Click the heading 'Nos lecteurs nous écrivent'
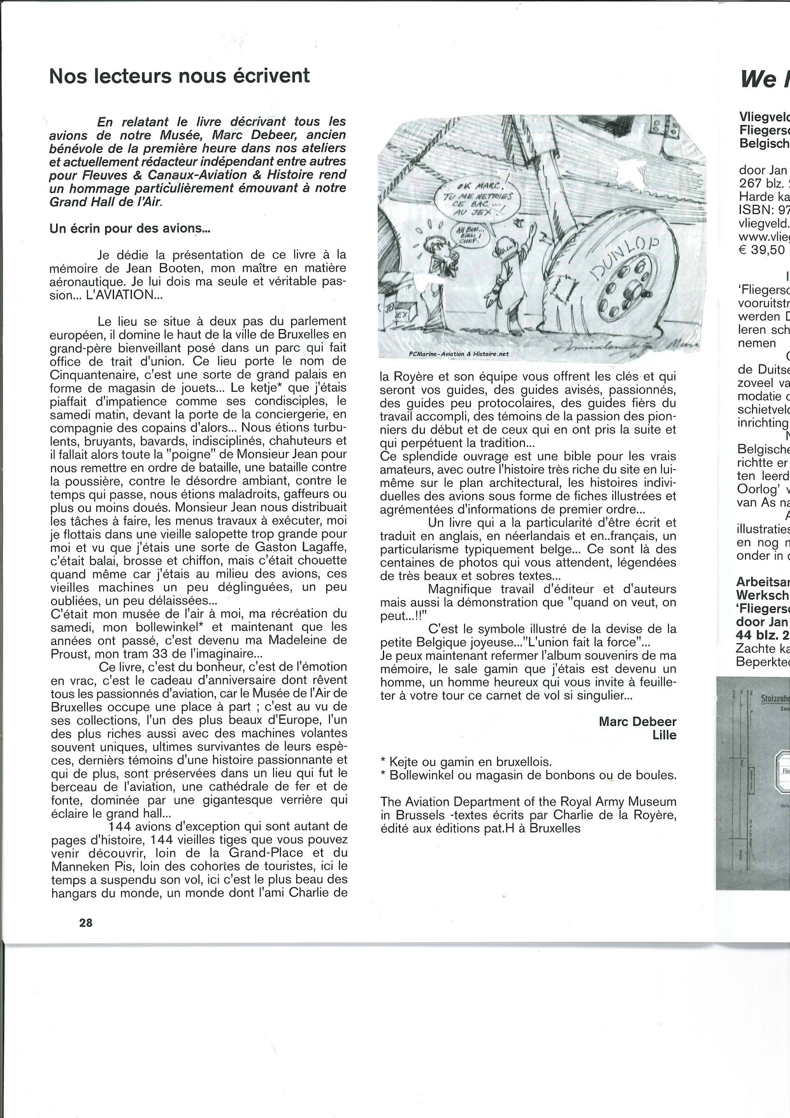(179, 76)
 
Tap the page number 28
(86, 922)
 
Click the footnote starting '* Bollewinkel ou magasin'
(528, 775)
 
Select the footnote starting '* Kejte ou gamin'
(466, 762)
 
